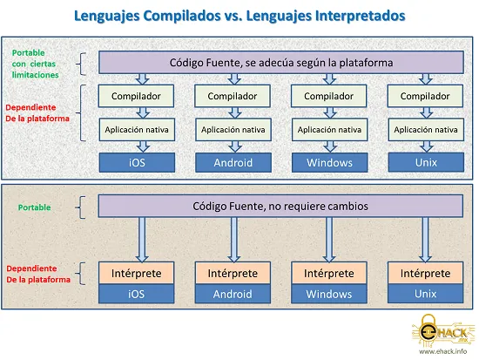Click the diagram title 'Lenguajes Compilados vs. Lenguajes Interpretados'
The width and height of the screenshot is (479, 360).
[x=239, y=16]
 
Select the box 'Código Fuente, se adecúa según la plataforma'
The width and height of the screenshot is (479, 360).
[x=281, y=63]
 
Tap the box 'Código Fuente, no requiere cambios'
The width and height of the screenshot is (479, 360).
[x=280, y=207]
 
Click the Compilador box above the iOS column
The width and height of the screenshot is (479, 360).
[x=136, y=96]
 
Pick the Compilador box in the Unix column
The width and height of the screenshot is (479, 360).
[x=425, y=96]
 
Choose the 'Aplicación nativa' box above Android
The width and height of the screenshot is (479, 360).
[x=233, y=130]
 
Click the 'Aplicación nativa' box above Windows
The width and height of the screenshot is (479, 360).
[x=329, y=130]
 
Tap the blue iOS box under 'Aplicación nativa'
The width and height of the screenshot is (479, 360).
[x=137, y=162]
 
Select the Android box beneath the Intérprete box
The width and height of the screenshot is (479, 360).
[x=233, y=294]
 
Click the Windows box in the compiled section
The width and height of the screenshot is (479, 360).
[x=329, y=162]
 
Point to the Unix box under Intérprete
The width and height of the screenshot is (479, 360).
[x=425, y=294]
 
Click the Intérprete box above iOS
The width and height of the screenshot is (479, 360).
[x=136, y=273]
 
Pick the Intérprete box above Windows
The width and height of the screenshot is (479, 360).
[x=329, y=273]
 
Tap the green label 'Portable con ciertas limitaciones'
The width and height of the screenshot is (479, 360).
[x=35, y=64]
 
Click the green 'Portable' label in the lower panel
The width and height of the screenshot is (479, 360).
[x=34, y=207]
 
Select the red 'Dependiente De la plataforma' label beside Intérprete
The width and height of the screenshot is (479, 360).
[x=38, y=274]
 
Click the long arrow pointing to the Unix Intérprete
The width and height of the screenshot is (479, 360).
[x=425, y=240]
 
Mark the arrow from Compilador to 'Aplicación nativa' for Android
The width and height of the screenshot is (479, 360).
[x=234, y=112]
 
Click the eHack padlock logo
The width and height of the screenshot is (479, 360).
[x=440, y=331]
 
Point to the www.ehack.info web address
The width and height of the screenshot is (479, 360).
[x=442, y=351]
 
